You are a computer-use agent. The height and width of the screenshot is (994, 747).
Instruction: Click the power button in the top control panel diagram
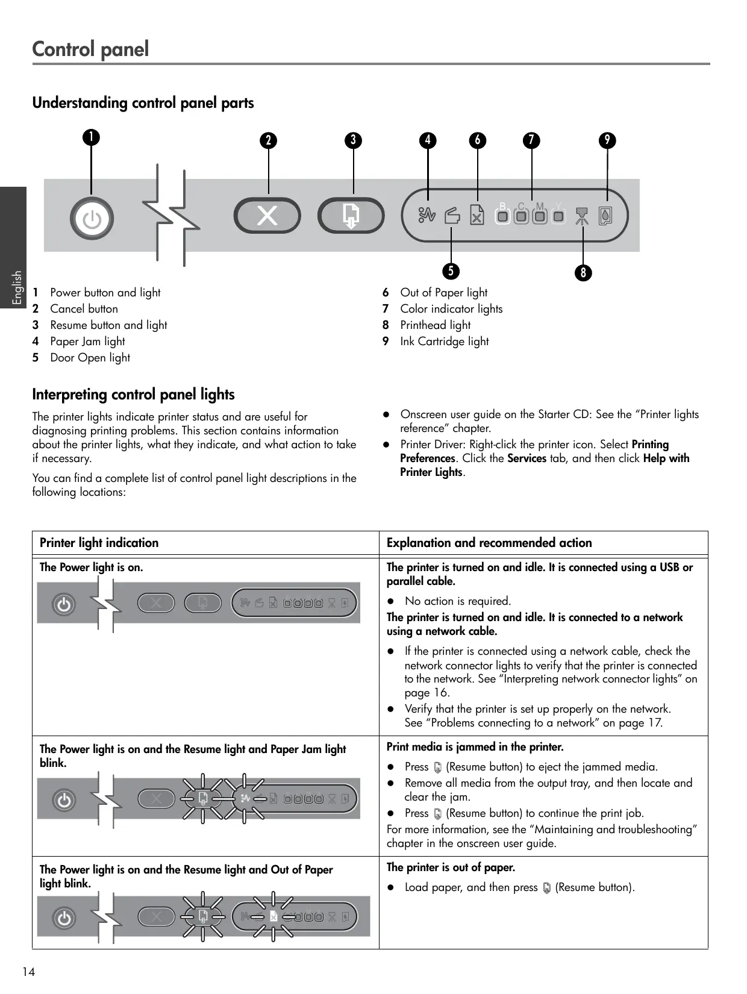coord(92,219)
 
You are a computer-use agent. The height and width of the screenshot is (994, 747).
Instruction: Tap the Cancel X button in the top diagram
coord(267,216)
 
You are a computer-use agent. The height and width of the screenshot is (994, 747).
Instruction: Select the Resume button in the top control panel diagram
coord(351,216)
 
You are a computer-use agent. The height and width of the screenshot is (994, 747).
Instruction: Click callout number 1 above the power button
coord(92,137)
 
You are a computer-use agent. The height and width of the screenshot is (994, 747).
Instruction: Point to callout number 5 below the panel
coord(451,270)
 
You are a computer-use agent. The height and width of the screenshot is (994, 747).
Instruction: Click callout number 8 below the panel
coord(583,273)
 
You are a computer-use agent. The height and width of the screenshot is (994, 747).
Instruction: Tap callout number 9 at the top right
coord(607,140)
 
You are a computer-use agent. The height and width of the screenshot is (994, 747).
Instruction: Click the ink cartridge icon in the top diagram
coord(606,216)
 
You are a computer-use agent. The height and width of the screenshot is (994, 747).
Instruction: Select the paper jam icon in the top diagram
coord(427,214)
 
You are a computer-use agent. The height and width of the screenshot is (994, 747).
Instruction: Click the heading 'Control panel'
coord(90,49)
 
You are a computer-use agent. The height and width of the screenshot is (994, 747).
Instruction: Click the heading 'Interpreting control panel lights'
coord(133,395)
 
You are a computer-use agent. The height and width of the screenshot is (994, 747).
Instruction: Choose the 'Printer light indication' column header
coord(99,543)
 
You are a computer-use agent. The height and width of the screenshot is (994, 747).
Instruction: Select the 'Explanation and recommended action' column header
coord(489,543)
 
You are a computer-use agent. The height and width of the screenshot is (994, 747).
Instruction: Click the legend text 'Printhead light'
coord(435,325)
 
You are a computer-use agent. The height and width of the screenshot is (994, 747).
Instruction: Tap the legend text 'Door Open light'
coord(90,358)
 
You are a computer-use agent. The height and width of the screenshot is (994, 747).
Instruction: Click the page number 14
coord(28,972)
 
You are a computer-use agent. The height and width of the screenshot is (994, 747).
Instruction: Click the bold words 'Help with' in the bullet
coord(666,458)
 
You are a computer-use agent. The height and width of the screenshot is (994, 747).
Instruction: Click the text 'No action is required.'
coord(457,601)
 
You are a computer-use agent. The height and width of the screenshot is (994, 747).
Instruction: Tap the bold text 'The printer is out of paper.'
coord(451,867)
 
